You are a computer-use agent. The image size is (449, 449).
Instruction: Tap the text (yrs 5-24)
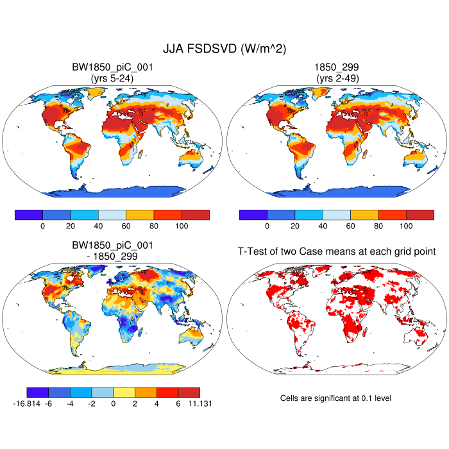pyautogui.click(x=112, y=78)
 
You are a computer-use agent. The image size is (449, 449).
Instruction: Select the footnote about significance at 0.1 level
pyautogui.click(x=335, y=398)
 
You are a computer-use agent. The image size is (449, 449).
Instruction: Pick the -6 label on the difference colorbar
pyautogui.click(x=48, y=403)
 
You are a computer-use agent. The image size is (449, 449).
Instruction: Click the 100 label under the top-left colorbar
pyautogui.click(x=181, y=226)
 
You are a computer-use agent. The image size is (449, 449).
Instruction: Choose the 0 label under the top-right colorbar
pyautogui.click(x=267, y=226)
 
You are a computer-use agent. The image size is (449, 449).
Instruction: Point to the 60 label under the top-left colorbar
pyautogui.click(x=126, y=226)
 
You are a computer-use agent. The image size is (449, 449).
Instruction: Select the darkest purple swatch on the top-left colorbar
pyautogui.click(x=28, y=215)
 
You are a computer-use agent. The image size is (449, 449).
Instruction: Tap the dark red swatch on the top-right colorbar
pyautogui.click(x=419, y=215)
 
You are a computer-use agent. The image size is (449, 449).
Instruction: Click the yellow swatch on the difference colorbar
pyautogui.click(x=124, y=392)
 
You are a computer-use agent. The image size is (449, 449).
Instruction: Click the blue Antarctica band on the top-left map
pyautogui.click(x=112, y=191)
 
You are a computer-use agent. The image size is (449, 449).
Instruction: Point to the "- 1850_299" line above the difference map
pyautogui.click(x=112, y=256)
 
